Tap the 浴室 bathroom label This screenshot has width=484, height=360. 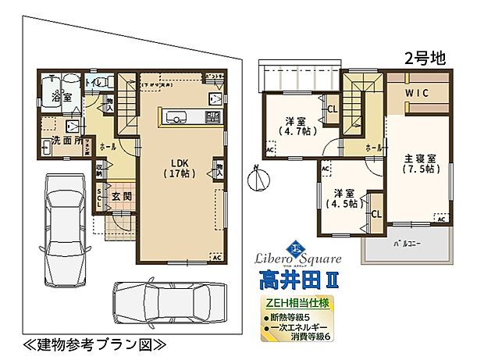[62, 98]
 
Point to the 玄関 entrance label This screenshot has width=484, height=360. [120, 196]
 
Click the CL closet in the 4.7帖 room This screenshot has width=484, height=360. [332, 109]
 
